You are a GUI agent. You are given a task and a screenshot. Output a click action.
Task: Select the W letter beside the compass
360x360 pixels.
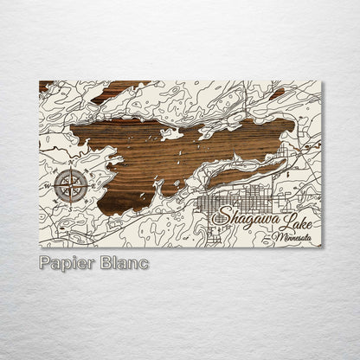(x=48, y=185)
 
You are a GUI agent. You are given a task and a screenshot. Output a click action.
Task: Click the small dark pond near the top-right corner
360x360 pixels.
(x=277, y=93)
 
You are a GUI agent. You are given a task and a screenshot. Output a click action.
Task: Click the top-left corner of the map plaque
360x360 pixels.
(x=40, y=81)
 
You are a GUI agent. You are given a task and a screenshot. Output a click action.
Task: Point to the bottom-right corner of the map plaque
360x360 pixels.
(x=321, y=247)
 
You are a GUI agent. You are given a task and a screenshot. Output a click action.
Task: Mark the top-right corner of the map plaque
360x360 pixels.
(x=321, y=81)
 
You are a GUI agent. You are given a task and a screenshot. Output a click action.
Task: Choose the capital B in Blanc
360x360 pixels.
(x=106, y=263)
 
